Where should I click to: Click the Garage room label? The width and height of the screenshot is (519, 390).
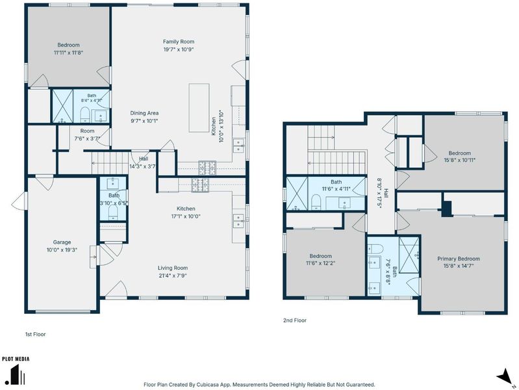click(x=62, y=242)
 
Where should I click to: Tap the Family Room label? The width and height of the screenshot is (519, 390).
click(x=179, y=42)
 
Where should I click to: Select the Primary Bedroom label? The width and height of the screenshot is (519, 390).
click(x=459, y=259)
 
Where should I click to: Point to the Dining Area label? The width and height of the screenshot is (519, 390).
click(x=144, y=113)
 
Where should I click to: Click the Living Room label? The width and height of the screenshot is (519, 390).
click(x=172, y=268)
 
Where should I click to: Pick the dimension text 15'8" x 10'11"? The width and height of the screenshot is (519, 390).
click(x=459, y=160)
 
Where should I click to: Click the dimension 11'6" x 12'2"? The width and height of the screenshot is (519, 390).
click(x=320, y=263)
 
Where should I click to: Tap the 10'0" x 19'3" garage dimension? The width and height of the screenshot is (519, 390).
click(x=62, y=250)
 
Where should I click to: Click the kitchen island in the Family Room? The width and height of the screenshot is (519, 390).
click(x=199, y=108)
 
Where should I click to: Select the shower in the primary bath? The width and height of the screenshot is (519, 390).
click(x=409, y=255)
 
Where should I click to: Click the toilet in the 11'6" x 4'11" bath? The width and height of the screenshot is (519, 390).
click(x=316, y=201)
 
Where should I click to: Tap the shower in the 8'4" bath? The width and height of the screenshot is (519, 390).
click(x=62, y=106)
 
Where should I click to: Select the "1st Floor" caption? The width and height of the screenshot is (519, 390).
click(x=36, y=334)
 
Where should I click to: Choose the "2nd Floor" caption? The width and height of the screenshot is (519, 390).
click(x=295, y=320)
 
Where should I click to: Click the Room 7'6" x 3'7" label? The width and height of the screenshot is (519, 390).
click(x=87, y=131)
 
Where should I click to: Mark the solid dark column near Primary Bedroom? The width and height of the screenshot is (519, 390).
click(x=446, y=209)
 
